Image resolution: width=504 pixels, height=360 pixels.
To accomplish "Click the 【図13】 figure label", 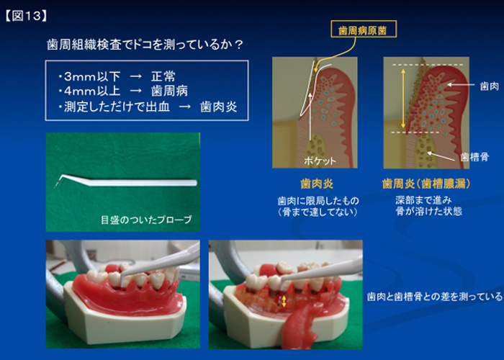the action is click(27, 16).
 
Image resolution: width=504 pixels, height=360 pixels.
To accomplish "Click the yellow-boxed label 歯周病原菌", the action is click(364, 30).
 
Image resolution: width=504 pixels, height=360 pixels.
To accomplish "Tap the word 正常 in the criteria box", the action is click(163, 76).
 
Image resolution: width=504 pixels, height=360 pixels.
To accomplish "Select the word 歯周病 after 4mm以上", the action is click(169, 91).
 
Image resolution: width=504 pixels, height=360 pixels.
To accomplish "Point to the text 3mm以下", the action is click(92, 76).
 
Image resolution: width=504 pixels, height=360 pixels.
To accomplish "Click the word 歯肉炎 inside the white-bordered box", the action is click(219, 107).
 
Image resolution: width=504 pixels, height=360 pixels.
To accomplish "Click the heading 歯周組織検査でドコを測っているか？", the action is click(145, 45).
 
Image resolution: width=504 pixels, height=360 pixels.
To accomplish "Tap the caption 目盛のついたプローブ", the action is click(146, 220).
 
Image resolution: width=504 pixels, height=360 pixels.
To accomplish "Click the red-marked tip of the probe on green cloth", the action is click(57, 184).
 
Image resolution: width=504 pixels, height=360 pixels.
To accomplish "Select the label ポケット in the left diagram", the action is click(320, 161).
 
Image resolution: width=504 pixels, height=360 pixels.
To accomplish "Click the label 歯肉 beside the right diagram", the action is click(489, 86).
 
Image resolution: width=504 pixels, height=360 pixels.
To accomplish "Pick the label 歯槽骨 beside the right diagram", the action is click(474, 157).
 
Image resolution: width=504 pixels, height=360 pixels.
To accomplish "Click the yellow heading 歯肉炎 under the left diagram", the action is click(317, 184).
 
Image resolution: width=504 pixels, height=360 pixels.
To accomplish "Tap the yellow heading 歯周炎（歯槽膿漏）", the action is click(426, 184).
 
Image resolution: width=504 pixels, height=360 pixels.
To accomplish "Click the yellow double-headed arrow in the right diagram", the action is click(403, 98).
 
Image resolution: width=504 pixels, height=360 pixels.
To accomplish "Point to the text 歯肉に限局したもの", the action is click(318, 201).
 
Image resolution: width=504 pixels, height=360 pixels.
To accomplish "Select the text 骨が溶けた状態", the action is click(429, 212).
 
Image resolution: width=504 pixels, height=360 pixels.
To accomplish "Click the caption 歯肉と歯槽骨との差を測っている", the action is click(435, 297).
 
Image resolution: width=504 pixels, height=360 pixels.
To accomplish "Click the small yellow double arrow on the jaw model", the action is click(284, 302).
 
